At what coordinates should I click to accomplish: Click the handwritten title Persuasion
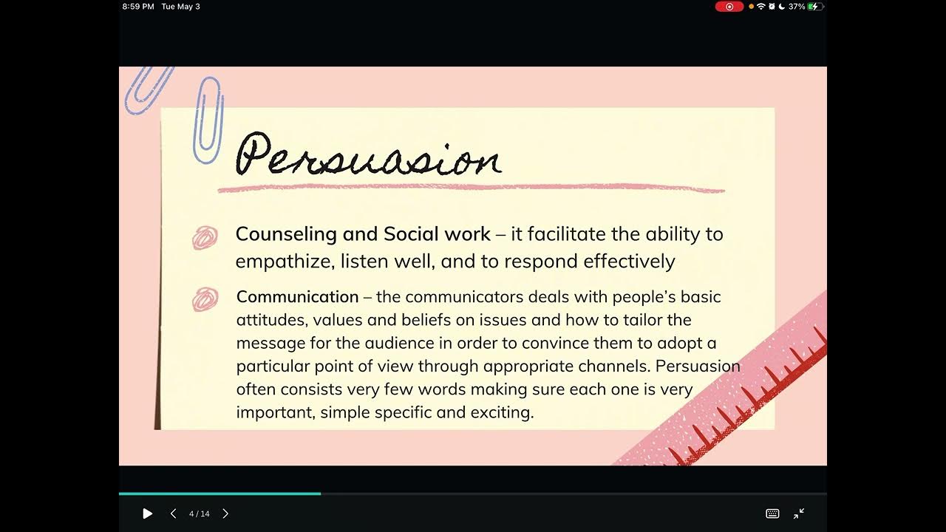click(x=368, y=154)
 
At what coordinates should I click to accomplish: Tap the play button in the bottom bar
click(x=147, y=514)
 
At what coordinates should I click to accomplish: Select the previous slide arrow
click(x=173, y=514)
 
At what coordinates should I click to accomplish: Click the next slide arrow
click(x=225, y=514)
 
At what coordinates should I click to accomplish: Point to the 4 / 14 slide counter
click(x=200, y=514)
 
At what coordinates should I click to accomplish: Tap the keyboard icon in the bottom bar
click(x=772, y=514)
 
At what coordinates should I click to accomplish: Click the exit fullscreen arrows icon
click(x=799, y=514)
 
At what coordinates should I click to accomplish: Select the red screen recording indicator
click(x=729, y=7)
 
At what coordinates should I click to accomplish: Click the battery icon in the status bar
click(x=815, y=7)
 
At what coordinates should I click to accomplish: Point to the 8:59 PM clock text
click(x=138, y=7)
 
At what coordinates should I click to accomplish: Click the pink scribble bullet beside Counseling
click(x=205, y=237)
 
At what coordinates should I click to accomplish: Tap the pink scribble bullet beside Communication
click(x=205, y=299)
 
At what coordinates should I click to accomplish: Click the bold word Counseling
click(x=286, y=234)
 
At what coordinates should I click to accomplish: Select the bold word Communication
click(x=297, y=297)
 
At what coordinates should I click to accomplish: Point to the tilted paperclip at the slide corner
click(x=149, y=89)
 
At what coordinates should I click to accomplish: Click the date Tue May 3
click(x=181, y=7)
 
